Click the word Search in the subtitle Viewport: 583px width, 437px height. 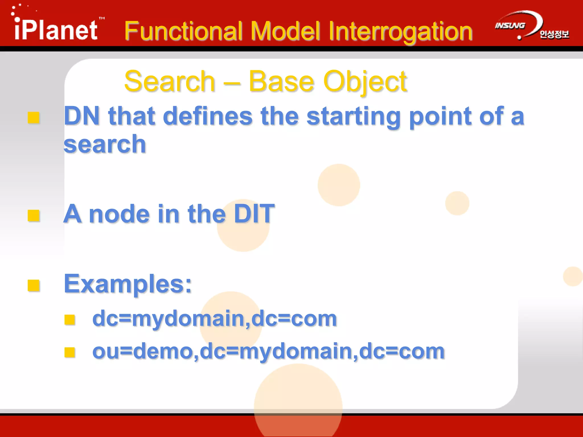(170, 82)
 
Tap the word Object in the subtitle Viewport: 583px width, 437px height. (365, 82)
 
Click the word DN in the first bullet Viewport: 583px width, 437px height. (82, 116)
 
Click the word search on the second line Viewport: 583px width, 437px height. (105, 144)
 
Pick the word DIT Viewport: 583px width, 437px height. (254, 214)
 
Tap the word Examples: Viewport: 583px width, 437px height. (128, 284)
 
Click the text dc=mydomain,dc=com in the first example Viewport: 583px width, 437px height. (215, 319)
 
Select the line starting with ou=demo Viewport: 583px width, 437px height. (268, 351)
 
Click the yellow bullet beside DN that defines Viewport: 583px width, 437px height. (34, 118)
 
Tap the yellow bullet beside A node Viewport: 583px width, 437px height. (34, 215)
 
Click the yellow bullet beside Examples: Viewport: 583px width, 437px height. (34, 285)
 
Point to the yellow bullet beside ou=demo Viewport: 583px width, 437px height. (69, 352)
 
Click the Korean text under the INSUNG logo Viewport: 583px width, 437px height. (554, 34)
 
